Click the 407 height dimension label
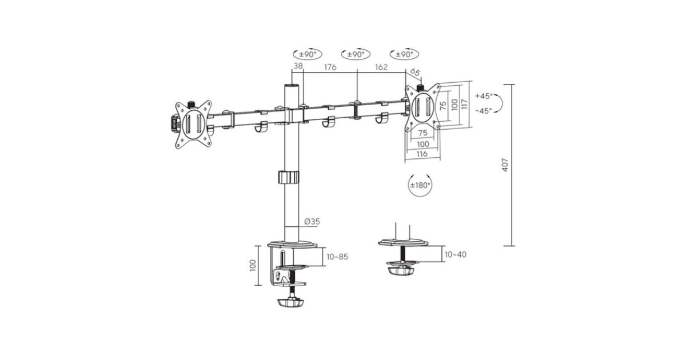coord(505,165)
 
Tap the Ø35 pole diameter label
coord(312,221)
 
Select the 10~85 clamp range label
coord(337,257)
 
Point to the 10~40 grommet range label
coord(456,255)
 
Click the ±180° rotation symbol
coord(420,185)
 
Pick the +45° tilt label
coord(484,96)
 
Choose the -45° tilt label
coord(484,110)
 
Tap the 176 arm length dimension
coord(330,67)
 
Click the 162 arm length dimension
coord(381,67)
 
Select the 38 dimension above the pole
coord(298,66)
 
